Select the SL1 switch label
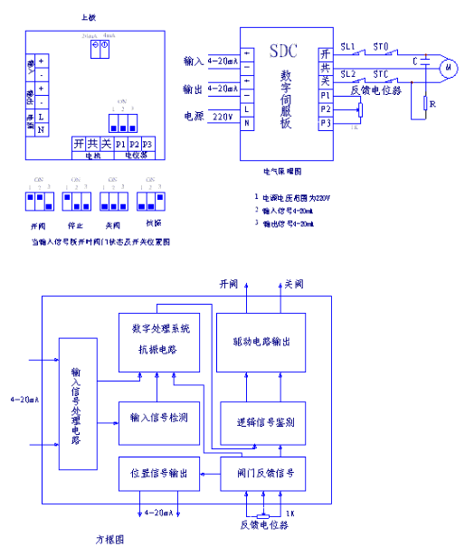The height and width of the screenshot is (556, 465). pos(348,45)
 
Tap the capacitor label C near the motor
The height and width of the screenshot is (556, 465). pos(414,61)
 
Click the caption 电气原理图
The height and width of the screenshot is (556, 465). pos(282,169)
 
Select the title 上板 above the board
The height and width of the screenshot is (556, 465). pos(88,16)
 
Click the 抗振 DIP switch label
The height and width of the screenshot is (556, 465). pos(152,222)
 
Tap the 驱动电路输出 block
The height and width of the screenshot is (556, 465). pos(261,342)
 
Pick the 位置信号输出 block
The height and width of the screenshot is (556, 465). pos(159,473)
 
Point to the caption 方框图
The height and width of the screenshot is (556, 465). pos(110,538)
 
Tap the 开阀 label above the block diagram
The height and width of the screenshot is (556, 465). pos(228,283)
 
